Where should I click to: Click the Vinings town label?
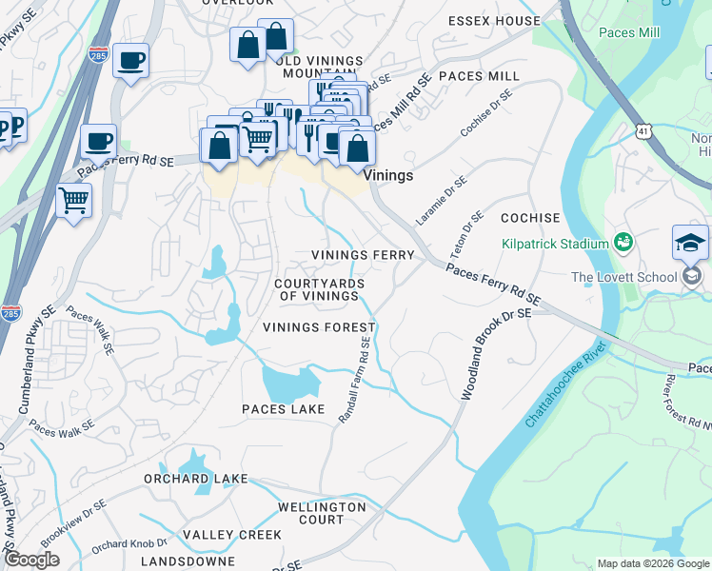pos(389,175)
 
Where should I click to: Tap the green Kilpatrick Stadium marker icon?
pos(624,244)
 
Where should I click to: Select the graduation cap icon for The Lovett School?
pos(690,244)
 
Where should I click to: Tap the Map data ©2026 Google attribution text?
pos(652,563)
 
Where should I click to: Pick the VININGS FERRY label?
pos(364,255)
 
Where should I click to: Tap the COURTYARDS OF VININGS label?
pos(316,290)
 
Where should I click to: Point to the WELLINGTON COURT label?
pos(321,513)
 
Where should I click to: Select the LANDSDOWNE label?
pos(188,561)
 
